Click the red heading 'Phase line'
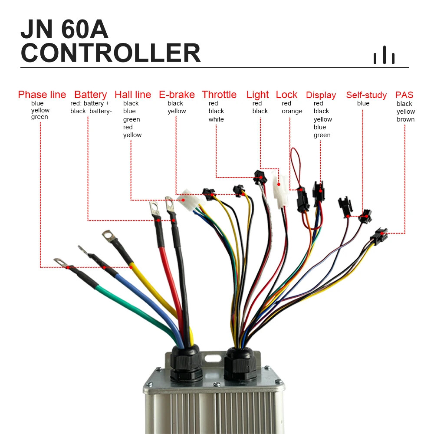(x=42, y=95)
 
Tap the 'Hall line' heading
(x=133, y=95)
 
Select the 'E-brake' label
(x=177, y=95)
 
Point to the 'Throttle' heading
(x=219, y=95)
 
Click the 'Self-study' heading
(x=366, y=95)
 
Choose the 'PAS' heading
(x=404, y=95)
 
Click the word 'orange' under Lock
(x=292, y=111)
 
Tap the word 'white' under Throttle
(x=216, y=119)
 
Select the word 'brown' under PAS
(x=405, y=119)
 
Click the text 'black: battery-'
(x=91, y=111)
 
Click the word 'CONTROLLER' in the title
(x=110, y=53)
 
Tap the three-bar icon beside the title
(x=384, y=55)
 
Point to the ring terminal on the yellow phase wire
(x=109, y=237)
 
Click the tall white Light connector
(x=279, y=189)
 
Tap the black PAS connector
(x=378, y=236)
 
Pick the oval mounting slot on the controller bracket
(x=213, y=359)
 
